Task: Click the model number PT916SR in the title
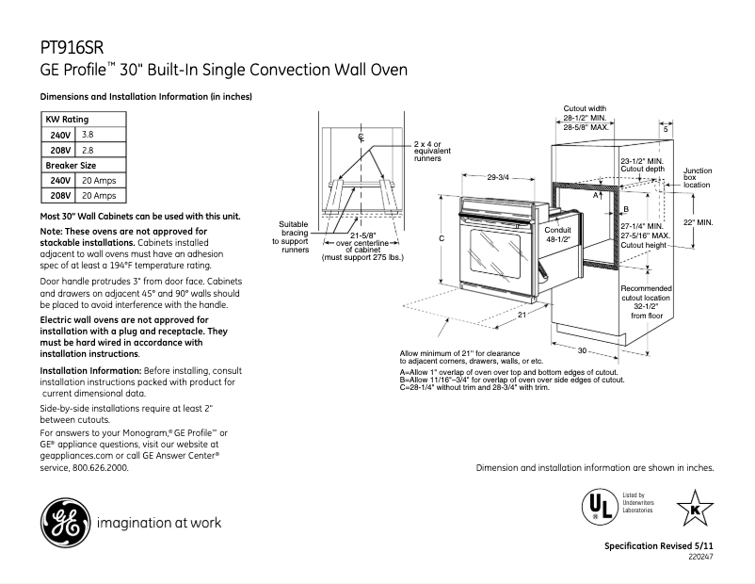[x=73, y=46]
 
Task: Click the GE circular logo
[x=62, y=521]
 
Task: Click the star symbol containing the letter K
[x=695, y=509]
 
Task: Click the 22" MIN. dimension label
[x=698, y=222]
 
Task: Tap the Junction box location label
[x=698, y=178]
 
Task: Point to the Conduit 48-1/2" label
[x=557, y=235]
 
